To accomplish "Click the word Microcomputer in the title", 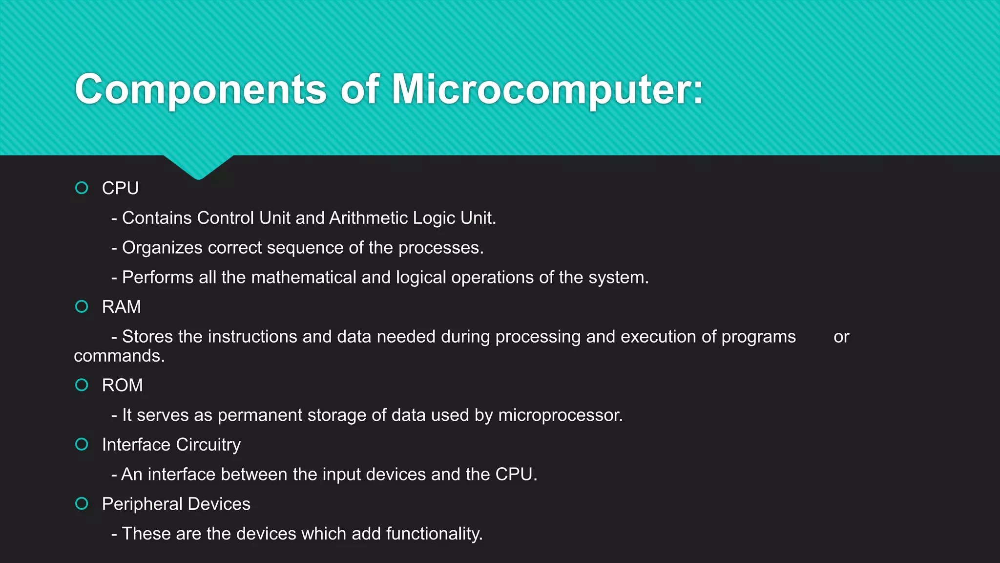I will click(x=547, y=89).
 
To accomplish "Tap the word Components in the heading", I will click(x=200, y=89).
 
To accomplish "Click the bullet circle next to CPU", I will click(x=82, y=188).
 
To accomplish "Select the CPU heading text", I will click(x=120, y=188).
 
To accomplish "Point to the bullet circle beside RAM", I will click(x=82, y=306).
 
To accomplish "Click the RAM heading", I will click(x=121, y=307).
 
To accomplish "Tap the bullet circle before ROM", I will click(x=82, y=385).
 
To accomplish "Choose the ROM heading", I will click(x=122, y=386).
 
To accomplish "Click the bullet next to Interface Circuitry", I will click(x=82, y=444).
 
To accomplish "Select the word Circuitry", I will click(x=208, y=445).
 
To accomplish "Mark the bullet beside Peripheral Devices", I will click(x=82, y=503).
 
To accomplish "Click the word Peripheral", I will click(x=142, y=504).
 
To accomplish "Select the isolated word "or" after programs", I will click(x=841, y=337).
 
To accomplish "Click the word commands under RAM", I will click(x=119, y=356).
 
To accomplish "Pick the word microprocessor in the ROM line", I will click(x=560, y=415).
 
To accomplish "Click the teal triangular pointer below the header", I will click(x=198, y=166).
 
